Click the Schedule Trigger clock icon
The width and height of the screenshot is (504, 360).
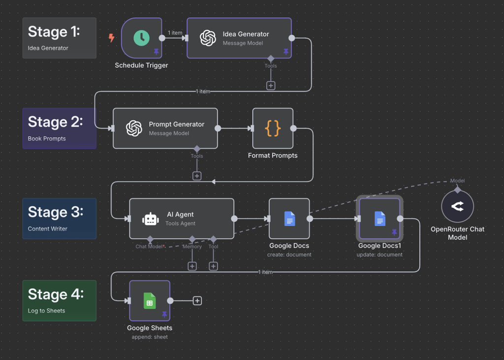click(141, 38)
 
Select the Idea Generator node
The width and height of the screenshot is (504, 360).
click(239, 38)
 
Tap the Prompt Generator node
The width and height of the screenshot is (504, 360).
click(165, 128)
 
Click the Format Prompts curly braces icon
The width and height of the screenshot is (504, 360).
click(273, 128)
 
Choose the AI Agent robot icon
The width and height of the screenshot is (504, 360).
click(151, 219)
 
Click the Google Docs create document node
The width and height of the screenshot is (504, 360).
click(289, 219)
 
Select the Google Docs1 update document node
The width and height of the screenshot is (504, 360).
click(379, 219)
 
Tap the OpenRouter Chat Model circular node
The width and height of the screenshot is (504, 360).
click(457, 207)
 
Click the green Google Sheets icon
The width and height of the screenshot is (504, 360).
click(150, 300)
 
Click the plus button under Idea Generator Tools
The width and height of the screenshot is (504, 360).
click(271, 86)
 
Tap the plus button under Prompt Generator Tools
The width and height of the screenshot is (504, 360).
click(197, 176)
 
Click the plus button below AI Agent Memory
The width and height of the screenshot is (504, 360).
click(192, 266)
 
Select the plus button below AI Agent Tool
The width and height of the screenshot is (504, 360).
click(213, 266)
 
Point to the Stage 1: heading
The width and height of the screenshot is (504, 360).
click(54, 31)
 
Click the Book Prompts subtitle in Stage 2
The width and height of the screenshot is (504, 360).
click(47, 139)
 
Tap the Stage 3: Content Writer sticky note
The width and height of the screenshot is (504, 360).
click(59, 218)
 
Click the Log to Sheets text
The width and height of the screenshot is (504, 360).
click(46, 311)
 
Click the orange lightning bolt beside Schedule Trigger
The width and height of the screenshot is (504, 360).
click(111, 38)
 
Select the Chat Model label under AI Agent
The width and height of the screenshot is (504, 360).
click(149, 246)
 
